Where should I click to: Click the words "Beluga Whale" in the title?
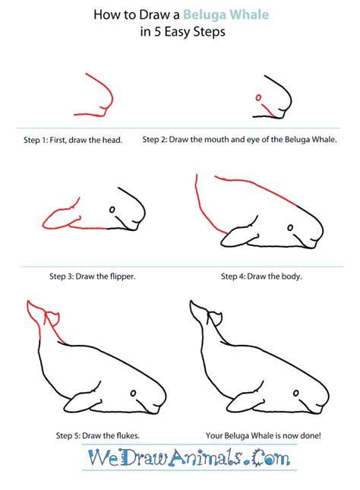226,15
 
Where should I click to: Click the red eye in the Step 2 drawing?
258,98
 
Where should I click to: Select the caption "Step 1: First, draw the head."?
73,140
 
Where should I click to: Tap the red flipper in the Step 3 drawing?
62,217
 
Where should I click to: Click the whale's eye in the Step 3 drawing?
112,210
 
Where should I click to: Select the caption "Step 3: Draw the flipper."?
93,277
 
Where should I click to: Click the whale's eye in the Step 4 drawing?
290,228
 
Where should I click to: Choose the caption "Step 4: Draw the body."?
261,277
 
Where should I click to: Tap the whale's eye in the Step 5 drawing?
134,393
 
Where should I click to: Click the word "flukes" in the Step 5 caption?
128,435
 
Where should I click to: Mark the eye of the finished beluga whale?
296,393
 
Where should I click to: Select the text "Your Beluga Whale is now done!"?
263,435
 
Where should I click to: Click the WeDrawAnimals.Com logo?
189,457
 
